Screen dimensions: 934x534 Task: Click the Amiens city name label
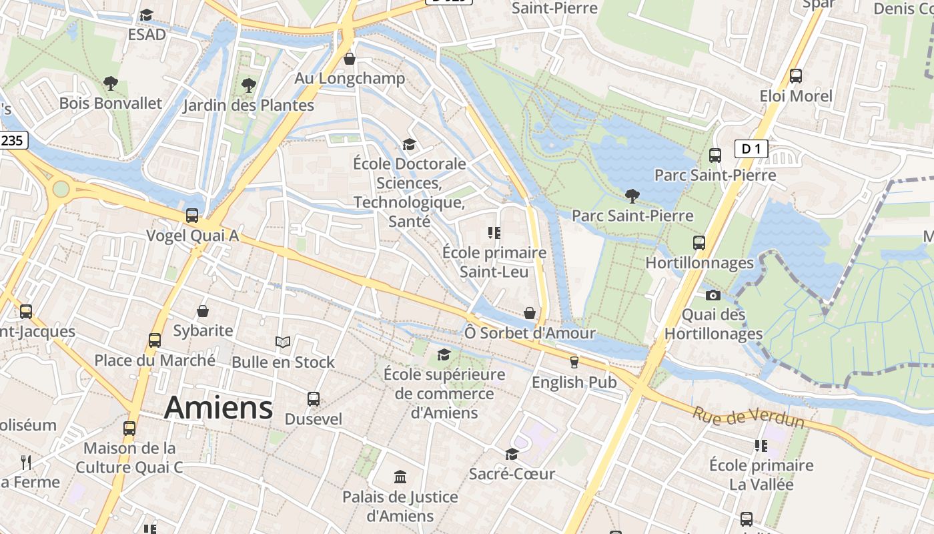(x=218, y=407)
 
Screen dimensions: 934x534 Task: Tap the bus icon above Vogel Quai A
(x=192, y=216)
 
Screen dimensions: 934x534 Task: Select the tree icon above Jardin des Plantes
(x=249, y=85)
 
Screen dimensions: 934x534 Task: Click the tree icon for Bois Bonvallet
(x=111, y=83)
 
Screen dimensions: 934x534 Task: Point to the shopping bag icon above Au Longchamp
(x=350, y=59)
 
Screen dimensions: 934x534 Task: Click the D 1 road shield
(x=751, y=149)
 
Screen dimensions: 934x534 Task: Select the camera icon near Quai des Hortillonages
(x=713, y=295)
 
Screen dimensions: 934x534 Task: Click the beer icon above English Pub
(x=574, y=362)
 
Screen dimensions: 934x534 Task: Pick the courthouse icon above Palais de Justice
(x=400, y=477)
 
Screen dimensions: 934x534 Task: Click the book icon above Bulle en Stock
(x=283, y=342)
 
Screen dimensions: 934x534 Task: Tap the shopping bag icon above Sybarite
(x=203, y=311)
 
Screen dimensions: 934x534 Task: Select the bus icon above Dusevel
(x=314, y=399)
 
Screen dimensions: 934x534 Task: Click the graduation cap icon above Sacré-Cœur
(x=512, y=454)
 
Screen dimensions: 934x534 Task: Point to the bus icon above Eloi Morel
(x=796, y=75)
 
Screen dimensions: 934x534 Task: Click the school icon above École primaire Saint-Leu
(x=494, y=233)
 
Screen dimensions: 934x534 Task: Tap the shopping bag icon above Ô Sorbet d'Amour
(x=530, y=312)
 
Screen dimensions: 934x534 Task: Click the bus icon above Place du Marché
(x=155, y=340)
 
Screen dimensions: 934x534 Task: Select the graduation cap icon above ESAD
(x=147, y=15)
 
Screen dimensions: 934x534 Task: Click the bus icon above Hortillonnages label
(x=698, y=243)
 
